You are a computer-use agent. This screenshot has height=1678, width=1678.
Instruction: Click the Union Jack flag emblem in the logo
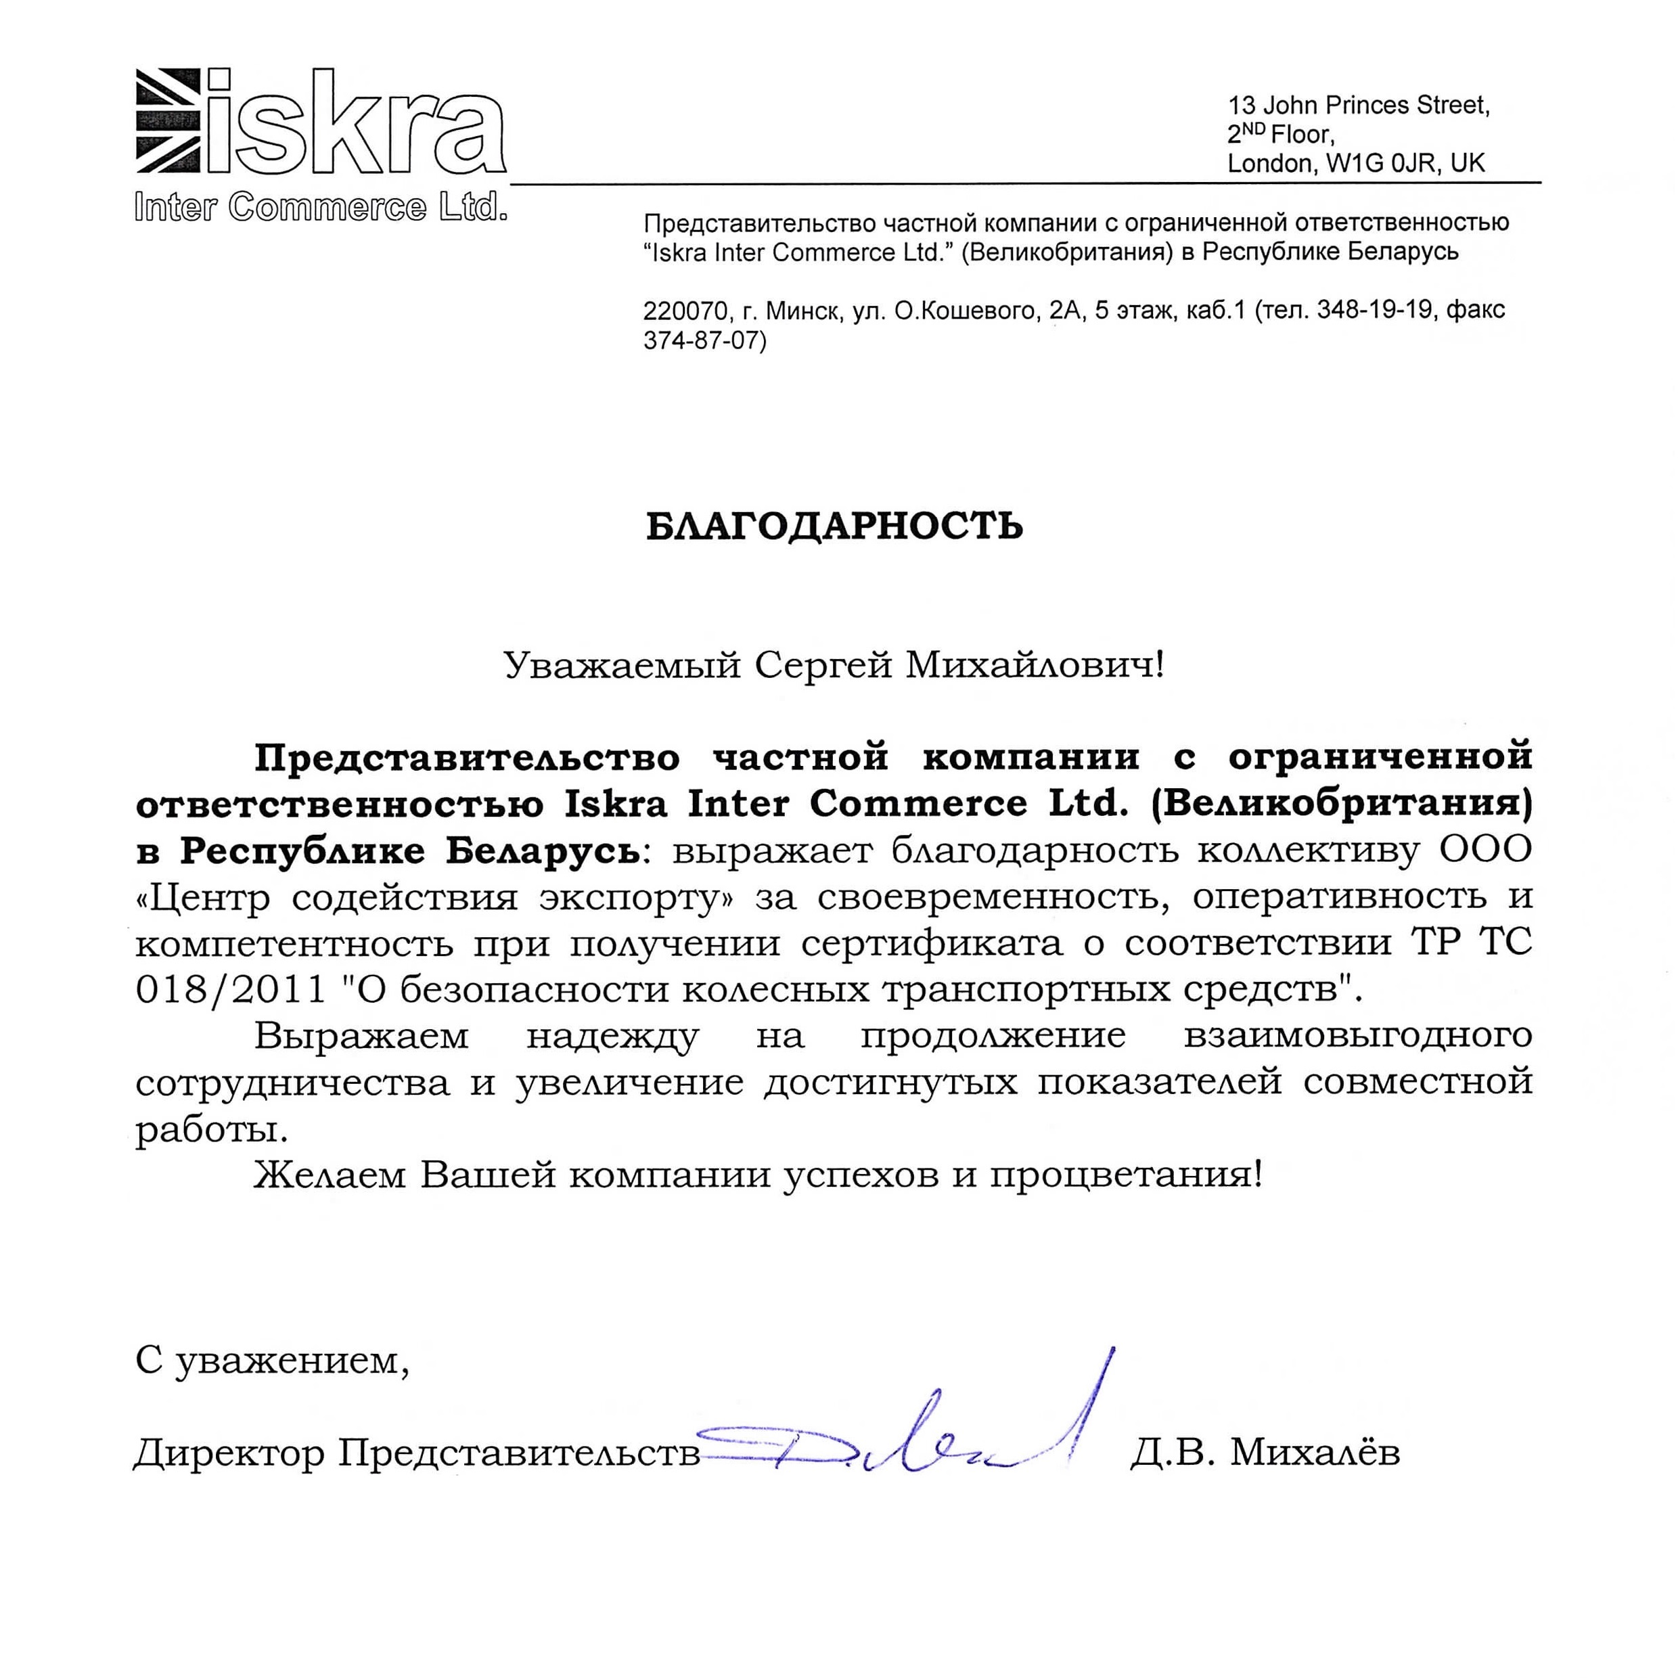pos(168,120)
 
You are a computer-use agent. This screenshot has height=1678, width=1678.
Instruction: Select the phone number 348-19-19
pos(1374,310)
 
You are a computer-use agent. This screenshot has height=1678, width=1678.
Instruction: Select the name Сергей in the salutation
pos(823,666)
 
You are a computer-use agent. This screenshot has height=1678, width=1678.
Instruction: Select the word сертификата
pos(931,943)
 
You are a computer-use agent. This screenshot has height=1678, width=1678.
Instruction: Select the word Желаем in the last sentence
pos(330,1175)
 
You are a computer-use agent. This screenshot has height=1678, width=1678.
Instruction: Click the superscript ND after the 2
pos(1254,128)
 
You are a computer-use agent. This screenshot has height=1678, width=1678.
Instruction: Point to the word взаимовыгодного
pos(1357,1036)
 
